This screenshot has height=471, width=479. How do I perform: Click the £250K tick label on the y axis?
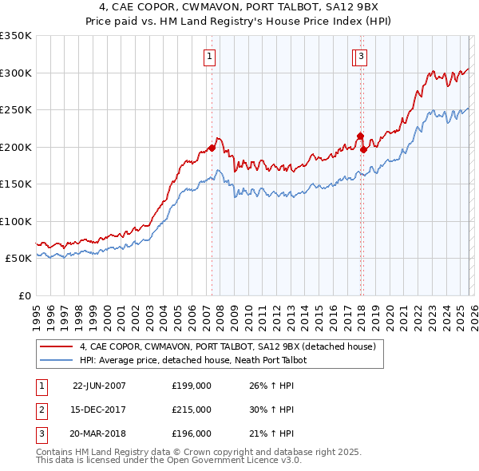[16, 109]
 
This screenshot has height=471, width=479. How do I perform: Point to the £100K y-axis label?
[16, 221]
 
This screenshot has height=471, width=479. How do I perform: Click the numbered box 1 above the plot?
[209, 56]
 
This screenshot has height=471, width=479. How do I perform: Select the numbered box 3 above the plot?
[362, 56]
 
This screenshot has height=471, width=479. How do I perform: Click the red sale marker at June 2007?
[212, 148]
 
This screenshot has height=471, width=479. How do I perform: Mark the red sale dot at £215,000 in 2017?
[360, 136]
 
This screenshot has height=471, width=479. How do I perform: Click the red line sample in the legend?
[57, 346]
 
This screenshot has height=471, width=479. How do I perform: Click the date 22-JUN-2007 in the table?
[99, 385]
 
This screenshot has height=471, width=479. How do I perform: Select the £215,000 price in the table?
[192, 410]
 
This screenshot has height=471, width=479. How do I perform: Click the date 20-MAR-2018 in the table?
[99, 433]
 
